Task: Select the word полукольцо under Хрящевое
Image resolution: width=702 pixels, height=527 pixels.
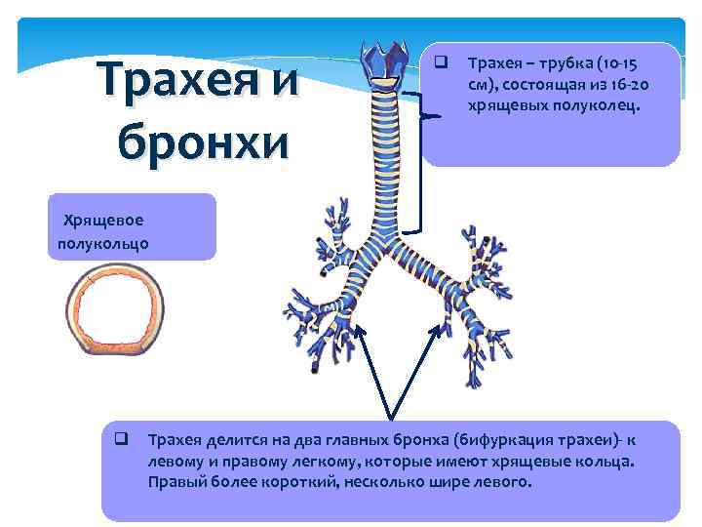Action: [98, 242]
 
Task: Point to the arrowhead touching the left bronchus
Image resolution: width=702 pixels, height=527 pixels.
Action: [358, 330]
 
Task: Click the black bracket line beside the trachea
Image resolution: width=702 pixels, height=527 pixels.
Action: [421, 166]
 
